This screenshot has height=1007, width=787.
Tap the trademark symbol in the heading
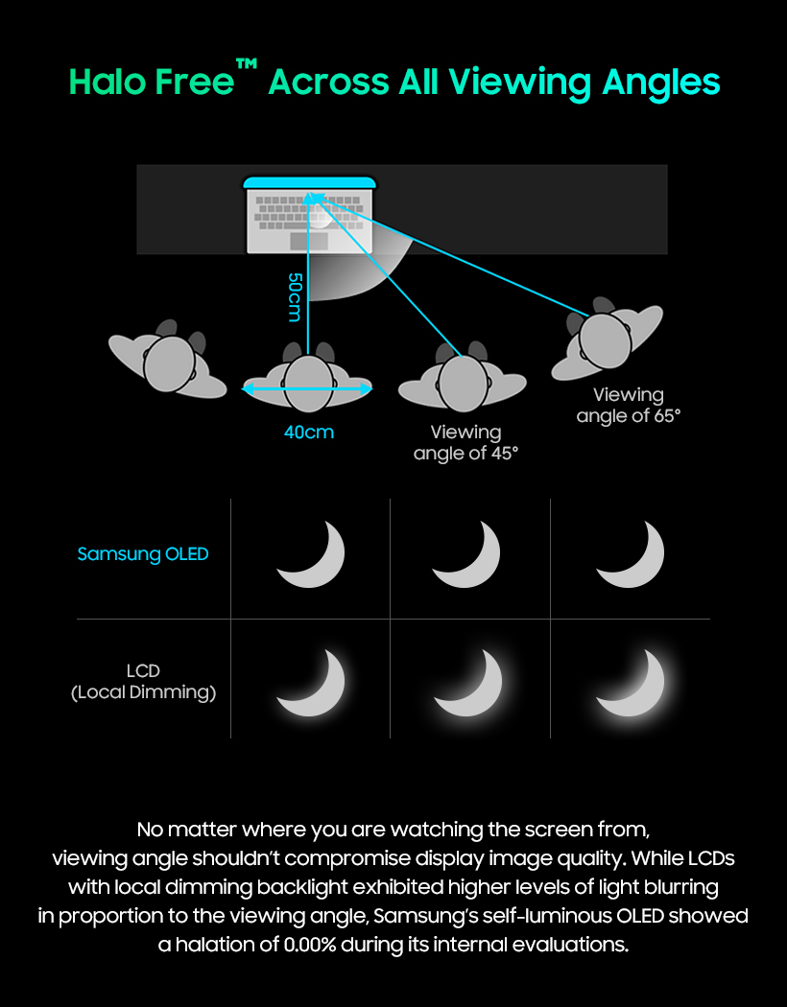[247, 64]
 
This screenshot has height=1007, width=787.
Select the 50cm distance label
[295, 296]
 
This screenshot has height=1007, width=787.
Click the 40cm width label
[309, 433]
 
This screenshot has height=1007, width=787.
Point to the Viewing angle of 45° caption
[465, 442]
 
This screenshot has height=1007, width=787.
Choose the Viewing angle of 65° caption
[629, 406]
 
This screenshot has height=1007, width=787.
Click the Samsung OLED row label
[143, 554]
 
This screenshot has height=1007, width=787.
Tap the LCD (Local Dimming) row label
[143, 681]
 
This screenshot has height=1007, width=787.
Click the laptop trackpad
[309, 241]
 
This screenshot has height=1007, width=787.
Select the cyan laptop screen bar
[309, 183]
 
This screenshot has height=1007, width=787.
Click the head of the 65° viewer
[605, 340]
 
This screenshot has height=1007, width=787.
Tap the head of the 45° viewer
[463, 384]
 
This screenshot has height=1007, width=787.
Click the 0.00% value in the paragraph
[310, 944]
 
